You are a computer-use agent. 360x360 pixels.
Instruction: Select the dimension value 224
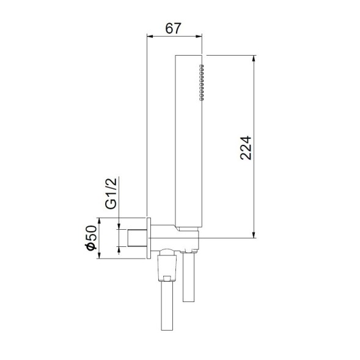click(246, 146)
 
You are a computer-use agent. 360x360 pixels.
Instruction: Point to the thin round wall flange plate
click(149, 238)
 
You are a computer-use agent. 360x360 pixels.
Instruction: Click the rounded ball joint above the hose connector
click(166, 252)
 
